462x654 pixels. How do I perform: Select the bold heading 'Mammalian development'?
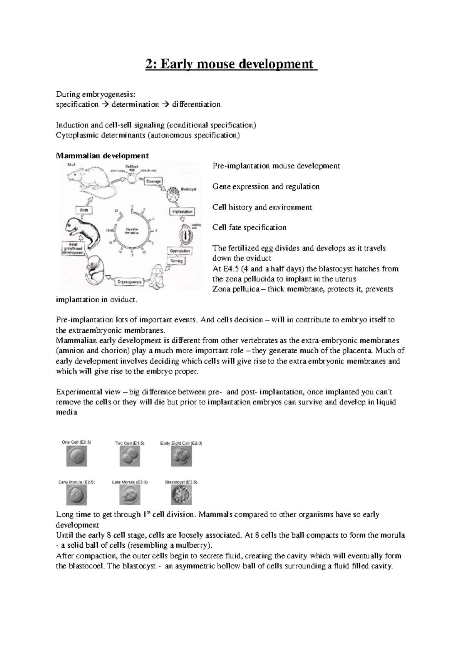coord(102,156)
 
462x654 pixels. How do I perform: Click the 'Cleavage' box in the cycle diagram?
coord(155,181)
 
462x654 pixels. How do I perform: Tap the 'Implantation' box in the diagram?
coord(182,212)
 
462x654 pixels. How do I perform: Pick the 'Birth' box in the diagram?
coord(84,210)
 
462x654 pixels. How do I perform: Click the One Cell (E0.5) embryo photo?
coord(77,456)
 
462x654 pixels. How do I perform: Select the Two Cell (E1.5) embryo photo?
coord(130,456)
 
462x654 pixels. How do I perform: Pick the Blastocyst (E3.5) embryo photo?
coord(181,495)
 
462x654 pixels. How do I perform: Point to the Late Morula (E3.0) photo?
coord(130,495)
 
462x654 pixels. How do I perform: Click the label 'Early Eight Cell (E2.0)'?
coord(181,443)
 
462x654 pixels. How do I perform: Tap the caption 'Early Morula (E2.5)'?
coord(76,482)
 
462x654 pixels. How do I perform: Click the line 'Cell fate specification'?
coord(249,228)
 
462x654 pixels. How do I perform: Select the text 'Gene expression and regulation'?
coord(266,187)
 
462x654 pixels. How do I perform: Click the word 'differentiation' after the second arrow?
coord(196,104)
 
